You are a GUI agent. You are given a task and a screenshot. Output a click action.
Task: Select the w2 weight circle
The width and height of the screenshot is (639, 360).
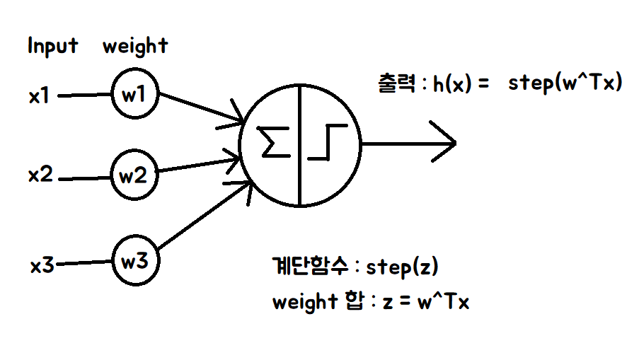[132, 175]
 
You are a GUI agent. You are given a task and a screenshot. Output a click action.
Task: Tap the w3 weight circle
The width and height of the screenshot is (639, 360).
[134, 262]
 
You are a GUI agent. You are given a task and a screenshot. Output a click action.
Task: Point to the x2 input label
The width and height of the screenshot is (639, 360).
[41, 175]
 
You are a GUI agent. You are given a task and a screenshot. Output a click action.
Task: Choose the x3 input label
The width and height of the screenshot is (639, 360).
[42, 266]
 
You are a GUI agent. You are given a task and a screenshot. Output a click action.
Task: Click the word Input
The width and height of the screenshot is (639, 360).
[52, 47]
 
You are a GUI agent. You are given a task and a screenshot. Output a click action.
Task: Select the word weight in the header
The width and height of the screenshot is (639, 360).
[135, 47]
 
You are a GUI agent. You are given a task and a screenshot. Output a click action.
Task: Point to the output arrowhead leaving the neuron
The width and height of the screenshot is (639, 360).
[445, 142]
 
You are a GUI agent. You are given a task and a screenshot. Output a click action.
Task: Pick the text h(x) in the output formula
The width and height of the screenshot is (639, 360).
[452, 86]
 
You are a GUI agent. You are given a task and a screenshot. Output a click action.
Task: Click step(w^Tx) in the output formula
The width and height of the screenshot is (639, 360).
[565, 84]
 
